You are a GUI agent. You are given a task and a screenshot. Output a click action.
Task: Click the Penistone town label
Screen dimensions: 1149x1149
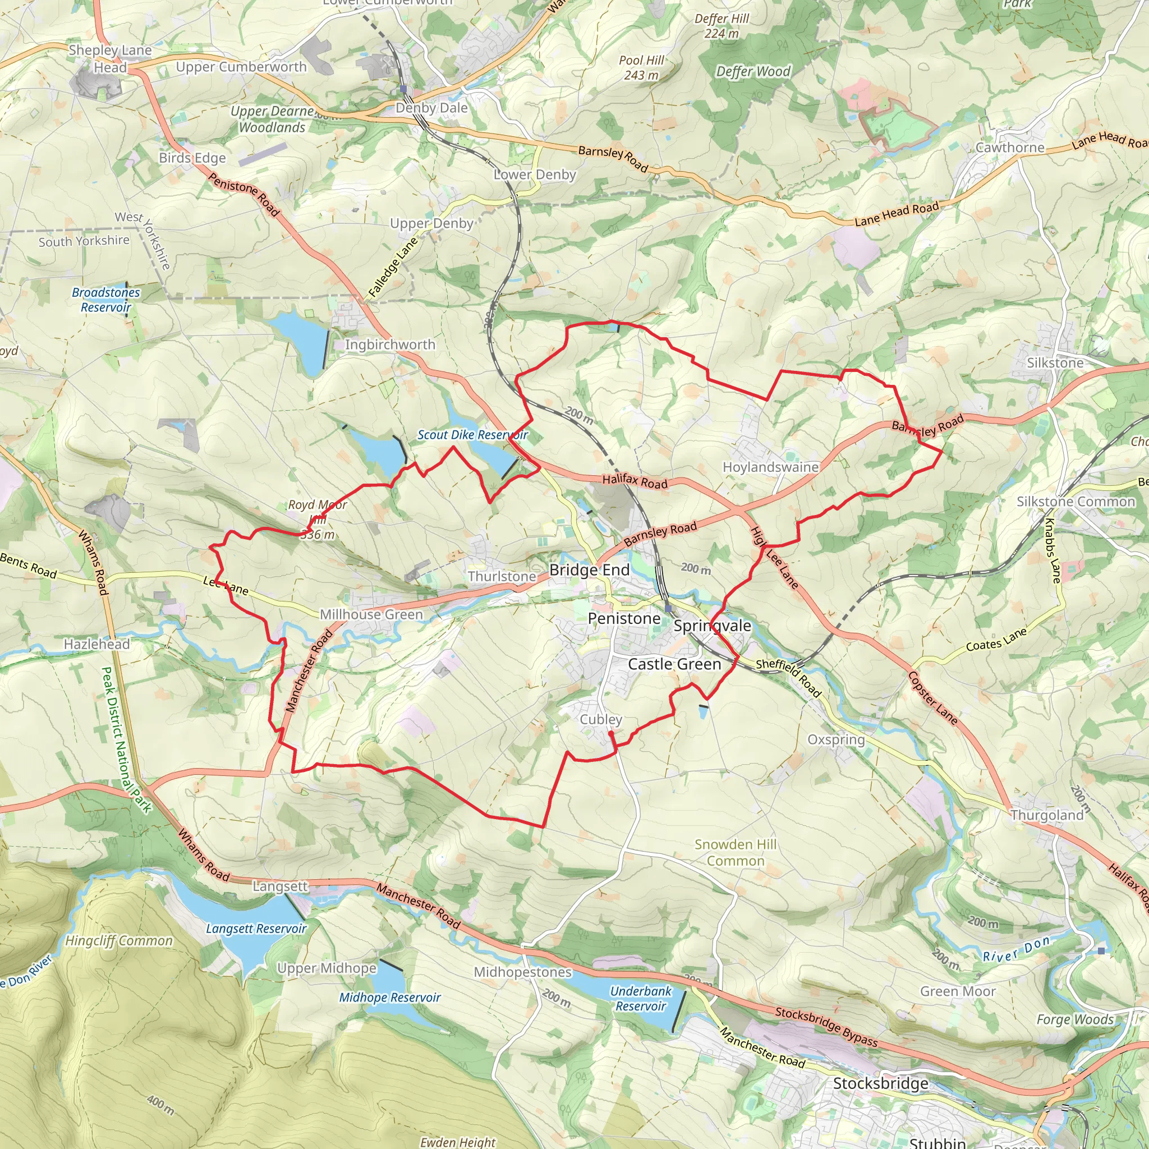pyautogui.click(x=624, y=618)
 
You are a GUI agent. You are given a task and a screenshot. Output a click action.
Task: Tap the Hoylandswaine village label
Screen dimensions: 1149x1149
pyautogui.click(x=770, y=467)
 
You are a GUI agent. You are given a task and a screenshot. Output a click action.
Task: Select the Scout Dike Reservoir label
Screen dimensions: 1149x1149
pyautogui.click(x=472, y=435)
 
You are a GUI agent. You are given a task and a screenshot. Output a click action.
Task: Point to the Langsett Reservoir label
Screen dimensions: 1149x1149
pyautogui.click(x=256, y=929)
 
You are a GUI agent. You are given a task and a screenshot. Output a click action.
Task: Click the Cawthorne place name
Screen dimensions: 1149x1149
pyautogui.click(x=1010, y=148)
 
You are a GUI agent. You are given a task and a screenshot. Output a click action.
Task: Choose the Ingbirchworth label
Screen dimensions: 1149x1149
pyautogui.click(x=390, y=344)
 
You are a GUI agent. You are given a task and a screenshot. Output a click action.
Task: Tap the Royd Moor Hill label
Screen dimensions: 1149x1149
pyautogui.click(x=318, y=518)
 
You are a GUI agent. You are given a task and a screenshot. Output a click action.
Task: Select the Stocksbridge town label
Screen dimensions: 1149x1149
pyautogui.click(x=880, y=1083)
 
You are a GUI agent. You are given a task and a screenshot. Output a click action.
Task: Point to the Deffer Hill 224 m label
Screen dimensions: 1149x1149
pyautogui.click(x=722, y=26)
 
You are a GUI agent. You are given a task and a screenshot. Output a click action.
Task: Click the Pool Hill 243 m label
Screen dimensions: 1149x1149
pyautogui.click(x=641, y=68)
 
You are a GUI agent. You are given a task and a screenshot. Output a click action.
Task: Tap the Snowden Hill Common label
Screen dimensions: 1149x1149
pyautogui.click(x=736, y=852)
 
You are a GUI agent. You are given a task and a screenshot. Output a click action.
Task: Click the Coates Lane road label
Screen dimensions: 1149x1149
pyautogui.click(x=996, y=640)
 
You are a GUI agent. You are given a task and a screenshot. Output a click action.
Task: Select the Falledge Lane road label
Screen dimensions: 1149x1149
pyautogui.click(x=393, y=268)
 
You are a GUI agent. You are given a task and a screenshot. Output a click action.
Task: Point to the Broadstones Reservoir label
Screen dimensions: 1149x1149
pyautogui.click(x=106, y=300)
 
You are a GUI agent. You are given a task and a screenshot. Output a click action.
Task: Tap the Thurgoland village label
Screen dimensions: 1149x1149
pyautogui.click(x=1047, y=815)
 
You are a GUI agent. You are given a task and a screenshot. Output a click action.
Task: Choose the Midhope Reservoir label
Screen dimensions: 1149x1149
pyautogui.click(x=389, y=998)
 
